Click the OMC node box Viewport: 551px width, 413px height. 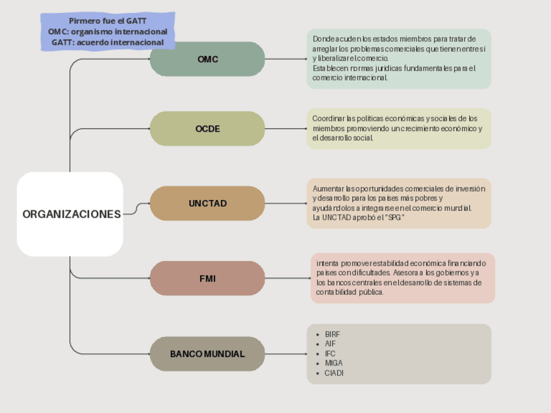[207, 59]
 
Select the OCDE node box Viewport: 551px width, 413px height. [207, 129]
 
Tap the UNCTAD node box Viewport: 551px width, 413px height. [207, 203]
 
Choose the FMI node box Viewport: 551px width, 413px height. [207, 279]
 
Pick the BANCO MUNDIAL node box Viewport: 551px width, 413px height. [207, 354]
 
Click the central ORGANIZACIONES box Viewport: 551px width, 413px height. [70, 214]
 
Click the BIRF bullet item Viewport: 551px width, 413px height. [332, 334]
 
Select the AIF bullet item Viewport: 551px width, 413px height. [330, 344]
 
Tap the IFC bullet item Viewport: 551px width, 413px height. [330, 354]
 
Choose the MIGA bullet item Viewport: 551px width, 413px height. [333, 364]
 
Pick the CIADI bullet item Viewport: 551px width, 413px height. [334, 373]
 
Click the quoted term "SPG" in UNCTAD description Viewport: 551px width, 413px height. [394, 218]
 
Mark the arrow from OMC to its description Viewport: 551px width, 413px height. [286, 59]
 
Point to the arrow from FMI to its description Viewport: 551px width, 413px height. [288, 279]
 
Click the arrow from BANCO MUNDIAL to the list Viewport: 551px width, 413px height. [286, 354]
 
